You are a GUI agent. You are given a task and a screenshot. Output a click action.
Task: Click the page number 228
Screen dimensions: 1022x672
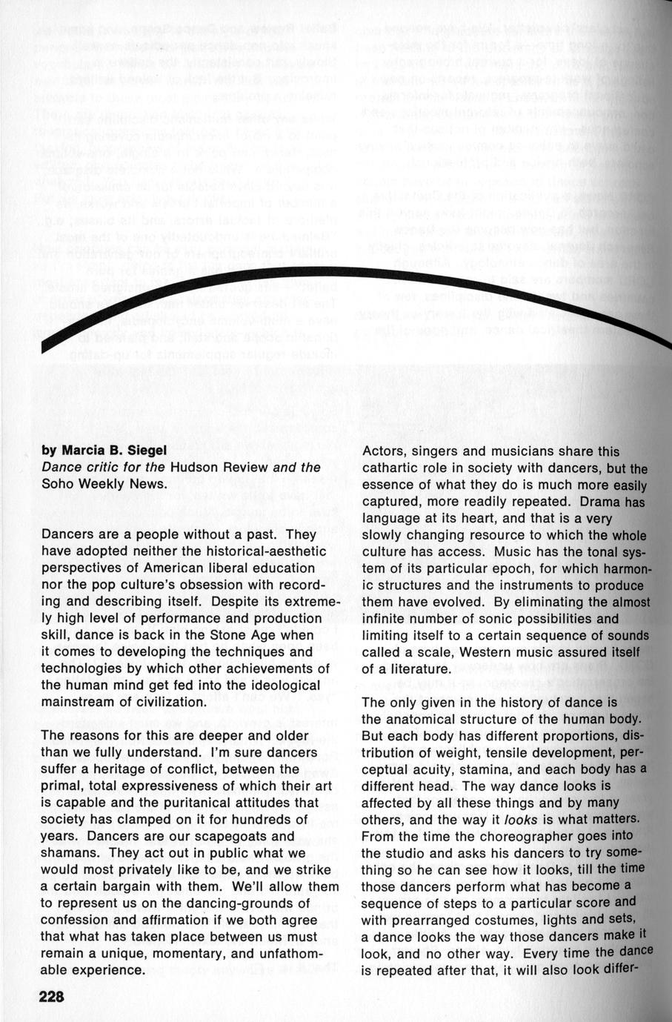click(x=53, y=997)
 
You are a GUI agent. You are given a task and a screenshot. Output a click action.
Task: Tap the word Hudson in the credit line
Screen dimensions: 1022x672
click(x=194, y=468)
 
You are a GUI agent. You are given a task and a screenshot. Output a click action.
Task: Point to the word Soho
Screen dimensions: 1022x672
click(x=58, y=485)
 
